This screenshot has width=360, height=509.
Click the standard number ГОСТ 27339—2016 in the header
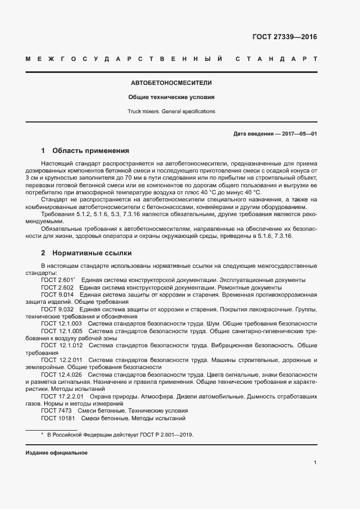point(284,38)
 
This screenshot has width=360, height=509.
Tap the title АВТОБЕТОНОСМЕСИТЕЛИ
point(171,83)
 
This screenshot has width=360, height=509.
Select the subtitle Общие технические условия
point(171,97)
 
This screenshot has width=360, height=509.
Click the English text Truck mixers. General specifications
point(171,112)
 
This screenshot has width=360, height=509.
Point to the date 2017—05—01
point(298,134)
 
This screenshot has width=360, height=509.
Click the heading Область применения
point(90,150)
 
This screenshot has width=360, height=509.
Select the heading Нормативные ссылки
point(91,253)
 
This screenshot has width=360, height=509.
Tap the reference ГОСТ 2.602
point(57,287)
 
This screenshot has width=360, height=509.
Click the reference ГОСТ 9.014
point(57,294)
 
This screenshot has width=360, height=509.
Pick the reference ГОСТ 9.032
point(57,309)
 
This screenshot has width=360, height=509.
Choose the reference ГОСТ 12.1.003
point(62,323)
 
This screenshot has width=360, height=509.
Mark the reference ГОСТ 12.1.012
point(62,345)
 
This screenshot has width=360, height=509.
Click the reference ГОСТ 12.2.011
point(62,360)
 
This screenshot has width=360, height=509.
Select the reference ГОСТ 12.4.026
point(62,375)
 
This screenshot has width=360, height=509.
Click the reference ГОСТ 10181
point(58,418)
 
